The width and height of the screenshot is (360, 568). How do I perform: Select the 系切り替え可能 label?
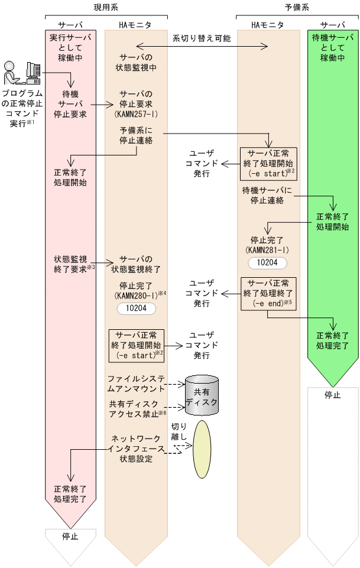pyautogui.click(x=202, y=38)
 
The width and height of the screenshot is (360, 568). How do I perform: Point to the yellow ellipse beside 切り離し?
pyautogui.click(x=202, y=449)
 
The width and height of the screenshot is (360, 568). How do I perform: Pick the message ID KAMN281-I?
pyautogui.click(x=268, y=250)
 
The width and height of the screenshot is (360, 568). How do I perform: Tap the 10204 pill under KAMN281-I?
pyautogui.click(x=268, y=262)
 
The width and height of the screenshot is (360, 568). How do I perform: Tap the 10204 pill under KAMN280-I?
pyautogui.click(x=136, y=308)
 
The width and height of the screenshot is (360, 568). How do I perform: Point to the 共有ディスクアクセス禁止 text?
pyautogui.click(x=135, y=408)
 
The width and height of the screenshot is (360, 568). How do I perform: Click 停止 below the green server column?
pyautogui.click(x=332, y=395)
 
